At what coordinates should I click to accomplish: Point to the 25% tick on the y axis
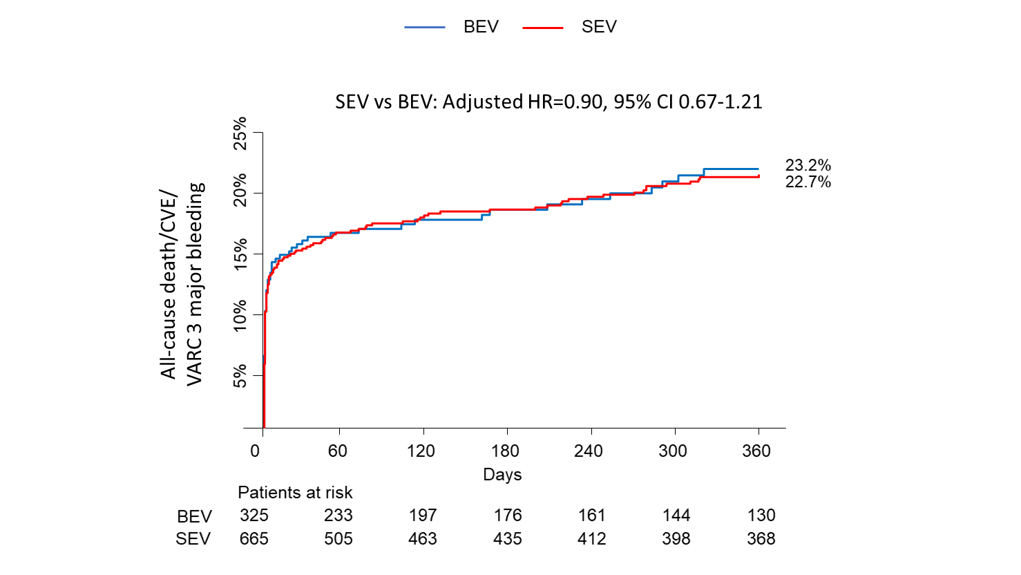pos(240,133)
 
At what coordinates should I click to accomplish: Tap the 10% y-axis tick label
pos(240,315)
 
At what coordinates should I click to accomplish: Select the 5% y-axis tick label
pos(240,376)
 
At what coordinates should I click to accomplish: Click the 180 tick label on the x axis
pos(505,451)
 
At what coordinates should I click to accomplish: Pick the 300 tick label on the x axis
pos(672,451)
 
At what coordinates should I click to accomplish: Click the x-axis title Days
pos(502,475)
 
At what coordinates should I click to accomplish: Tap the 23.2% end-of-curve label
pos(808,165)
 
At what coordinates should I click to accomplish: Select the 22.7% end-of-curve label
pos(808,182)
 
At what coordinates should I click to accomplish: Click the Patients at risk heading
pos(295,493)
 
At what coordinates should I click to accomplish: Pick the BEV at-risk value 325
pos(254,516)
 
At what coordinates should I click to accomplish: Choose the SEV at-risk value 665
pos(254,539)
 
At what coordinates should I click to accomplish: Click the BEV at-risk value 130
pos(761,516)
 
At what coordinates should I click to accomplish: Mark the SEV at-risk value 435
pos(508,539)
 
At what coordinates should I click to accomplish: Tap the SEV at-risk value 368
pos(761,539)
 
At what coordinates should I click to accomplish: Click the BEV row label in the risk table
pos(194,517)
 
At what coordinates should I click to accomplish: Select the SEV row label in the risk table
pos(193,539)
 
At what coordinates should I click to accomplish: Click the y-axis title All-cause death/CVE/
pos(169,283)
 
